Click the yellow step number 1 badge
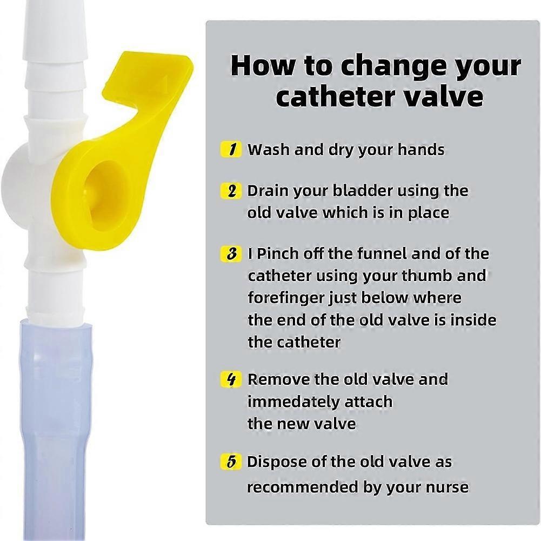point(231,149)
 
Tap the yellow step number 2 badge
point(231,191)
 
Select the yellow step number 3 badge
point(231,254)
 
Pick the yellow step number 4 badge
point(231,379)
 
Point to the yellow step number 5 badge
point(231,462)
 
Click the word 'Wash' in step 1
point(269,150)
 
